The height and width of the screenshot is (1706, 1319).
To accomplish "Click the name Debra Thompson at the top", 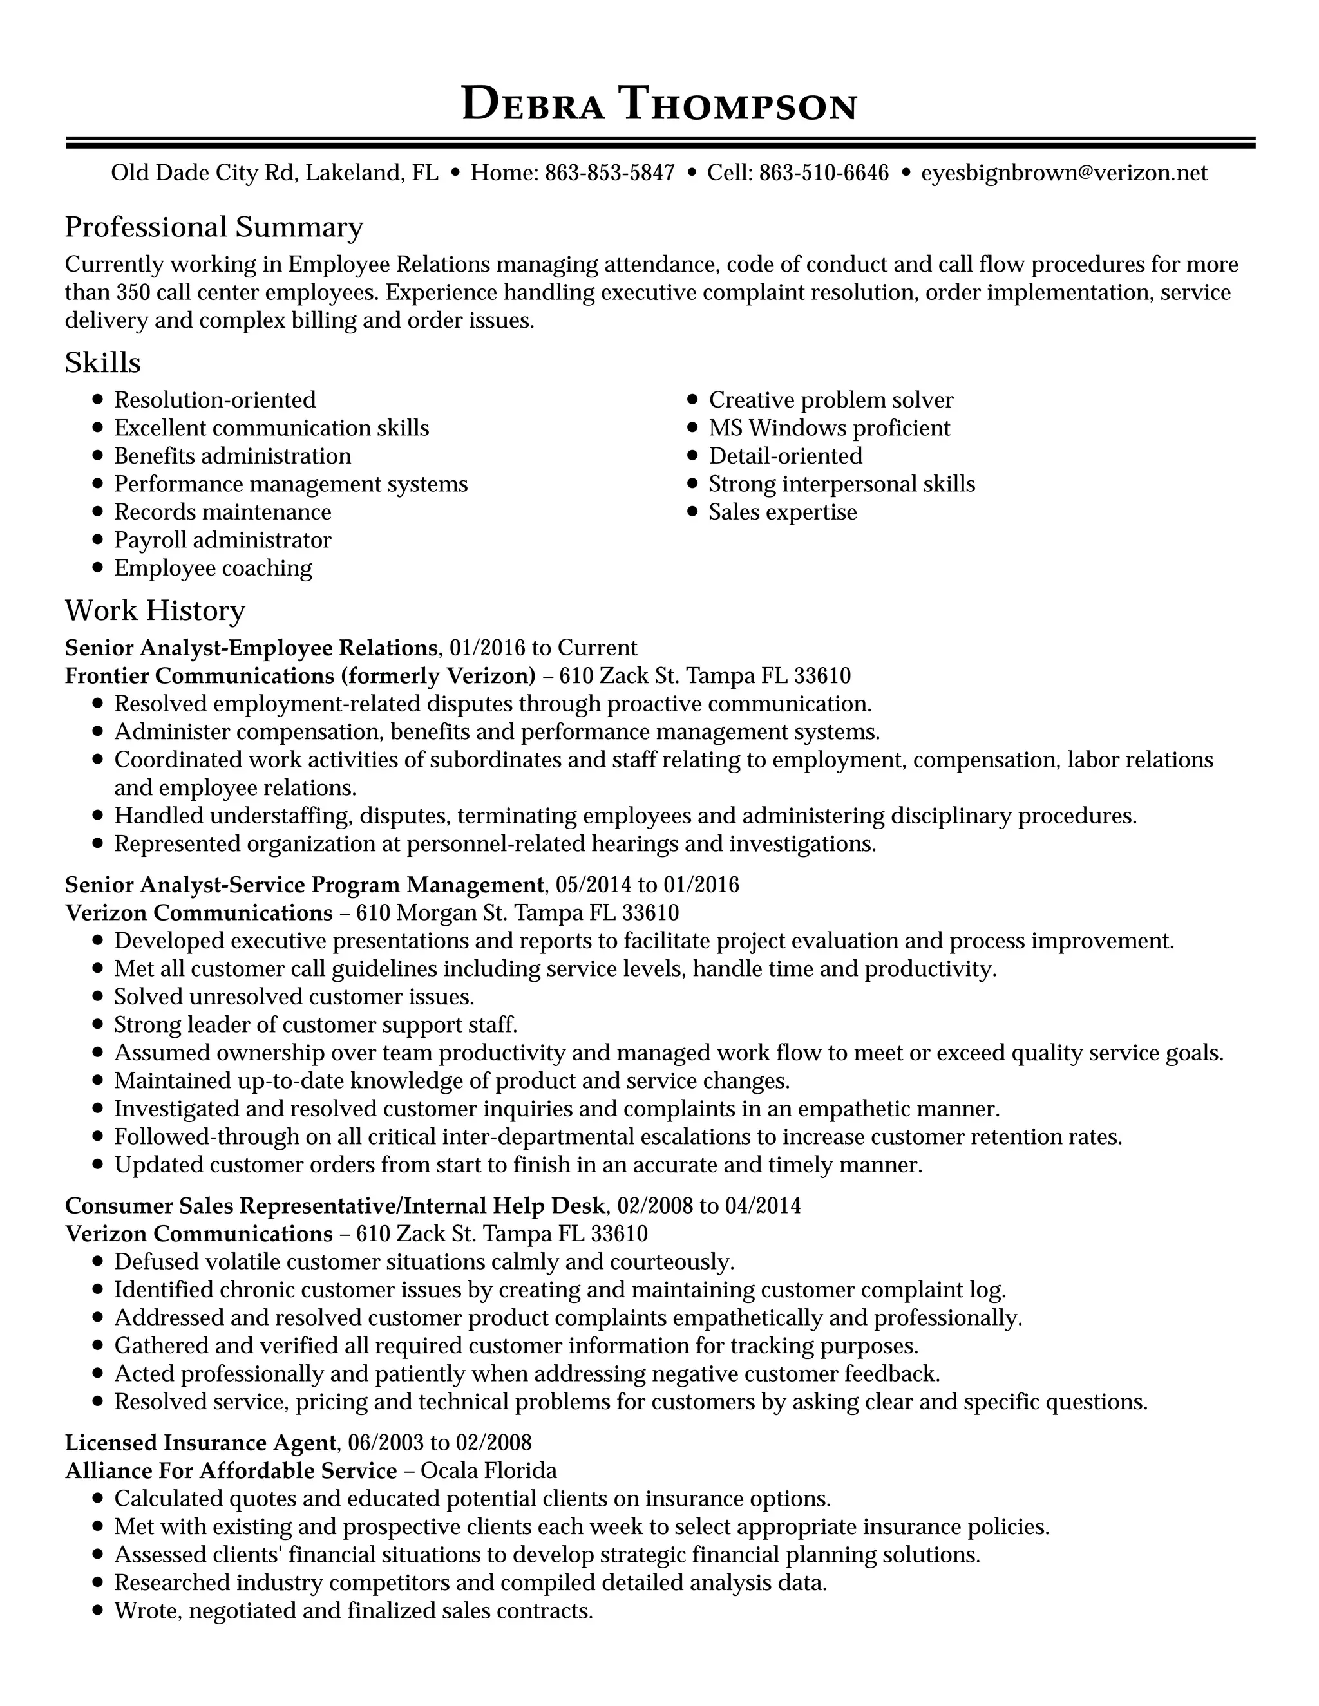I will pyautogui.click(x=659, y=104).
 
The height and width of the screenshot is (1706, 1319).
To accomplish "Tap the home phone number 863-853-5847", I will pyautogui.click(x=609, y=173).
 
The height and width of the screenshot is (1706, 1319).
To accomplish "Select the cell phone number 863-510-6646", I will pyautogui.click(x=824, y=173).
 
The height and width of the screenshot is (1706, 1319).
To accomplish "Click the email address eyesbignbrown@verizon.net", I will pyautogui.click(x=1063, y=173).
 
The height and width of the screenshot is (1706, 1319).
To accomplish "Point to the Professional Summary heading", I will pyautogui.click(x=213, y=227).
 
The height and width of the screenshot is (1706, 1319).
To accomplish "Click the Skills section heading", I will pyautogui.click(x=102, y=362).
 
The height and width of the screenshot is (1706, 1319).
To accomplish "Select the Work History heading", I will pyautogui.click(x=155, y=610).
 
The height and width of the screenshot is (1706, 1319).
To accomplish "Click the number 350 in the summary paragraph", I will pyautogui.click(x=132, y=293).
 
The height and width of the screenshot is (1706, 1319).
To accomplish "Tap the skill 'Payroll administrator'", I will pyautogui.click(x=223, y=539).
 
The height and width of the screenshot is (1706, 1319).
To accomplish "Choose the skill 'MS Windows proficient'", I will pyautogui.click(x=829, y=428).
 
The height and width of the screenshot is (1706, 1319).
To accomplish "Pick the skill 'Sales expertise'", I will pyautogui.click(x=782, y=512).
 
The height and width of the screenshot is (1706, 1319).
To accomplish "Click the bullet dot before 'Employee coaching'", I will pyautogui.click(x=98, y=568).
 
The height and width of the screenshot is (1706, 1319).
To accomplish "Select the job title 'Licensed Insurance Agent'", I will pyautogui.click(x=201, y=1442).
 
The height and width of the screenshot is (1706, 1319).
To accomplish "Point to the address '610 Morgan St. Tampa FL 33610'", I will pyautogui.click(x=517, y=912).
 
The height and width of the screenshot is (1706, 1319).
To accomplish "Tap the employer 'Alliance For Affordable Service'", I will pyautogui.click(x=231, y=1470).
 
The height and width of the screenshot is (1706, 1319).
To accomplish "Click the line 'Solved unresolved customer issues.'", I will pyautogui.click(x=294, y=997).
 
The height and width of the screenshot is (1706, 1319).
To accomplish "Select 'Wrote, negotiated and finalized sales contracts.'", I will pyautogui.click(x=353, y=1611).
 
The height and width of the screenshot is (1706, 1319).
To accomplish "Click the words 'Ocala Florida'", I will pyautogui.click(x=488, y=1470).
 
